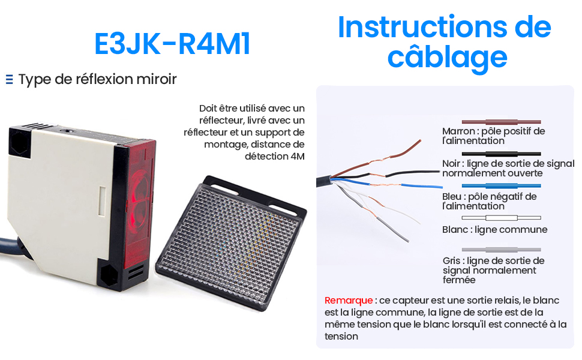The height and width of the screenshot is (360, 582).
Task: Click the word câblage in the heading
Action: (x=447, y=58)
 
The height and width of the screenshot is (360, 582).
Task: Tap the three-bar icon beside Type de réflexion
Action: (x=9, y=79)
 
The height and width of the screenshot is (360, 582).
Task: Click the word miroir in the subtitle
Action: (x=157, y=79)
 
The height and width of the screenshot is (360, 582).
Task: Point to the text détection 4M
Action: (x=275, y=156)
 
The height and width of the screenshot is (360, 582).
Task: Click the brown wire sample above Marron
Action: (x=501, y=122)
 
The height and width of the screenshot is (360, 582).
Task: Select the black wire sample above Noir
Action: (x=501, y=154)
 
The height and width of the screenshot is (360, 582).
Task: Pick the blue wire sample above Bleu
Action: (x=501, y=185)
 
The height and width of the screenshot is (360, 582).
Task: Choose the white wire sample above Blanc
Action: (x=501, y=218)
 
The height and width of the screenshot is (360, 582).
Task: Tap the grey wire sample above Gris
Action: (x=501, y=250)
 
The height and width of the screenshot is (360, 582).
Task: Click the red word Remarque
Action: (x=349, y=300)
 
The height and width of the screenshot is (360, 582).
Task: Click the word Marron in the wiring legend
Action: (x=458, y=131)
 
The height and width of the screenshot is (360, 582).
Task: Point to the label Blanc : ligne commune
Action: (x=495, y=230)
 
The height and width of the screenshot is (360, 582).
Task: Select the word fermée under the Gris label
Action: (x=459, y=280)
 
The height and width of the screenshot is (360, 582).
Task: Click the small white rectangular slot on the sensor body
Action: (x=102, y=201)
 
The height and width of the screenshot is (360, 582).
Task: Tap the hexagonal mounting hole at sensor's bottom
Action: (x=109, y=275)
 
